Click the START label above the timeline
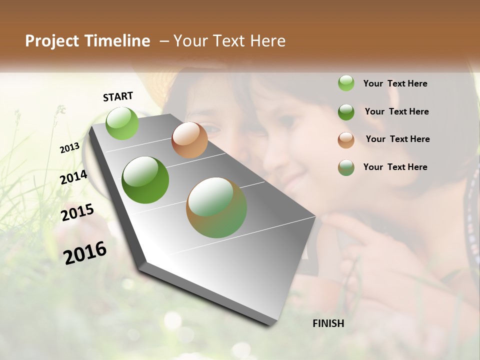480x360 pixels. (x=118, y=96)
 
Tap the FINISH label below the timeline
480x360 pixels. (x=328, y=323)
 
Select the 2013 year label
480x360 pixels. (x=70, y=148)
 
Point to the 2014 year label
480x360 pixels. (x=74, y=177)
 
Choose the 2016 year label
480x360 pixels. (x=85, y=252)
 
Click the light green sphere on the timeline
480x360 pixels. (x=122, y=123)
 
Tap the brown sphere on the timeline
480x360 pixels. (x=189, y=140)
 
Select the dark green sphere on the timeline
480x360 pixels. (x=145, y=180)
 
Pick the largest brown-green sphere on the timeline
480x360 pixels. (x=216, y=207)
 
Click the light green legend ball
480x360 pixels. (x=346, y=83)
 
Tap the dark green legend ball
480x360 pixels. (x=346, y=112)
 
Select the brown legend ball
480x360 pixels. (x=346, y=140)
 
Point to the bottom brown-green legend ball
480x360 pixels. (x=346, y=167)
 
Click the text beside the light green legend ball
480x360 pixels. (x=395, y=83)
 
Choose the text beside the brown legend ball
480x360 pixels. (x=397, y=139)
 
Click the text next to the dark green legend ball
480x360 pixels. (x=396, y=111)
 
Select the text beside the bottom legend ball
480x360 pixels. (x=395, y=167)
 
